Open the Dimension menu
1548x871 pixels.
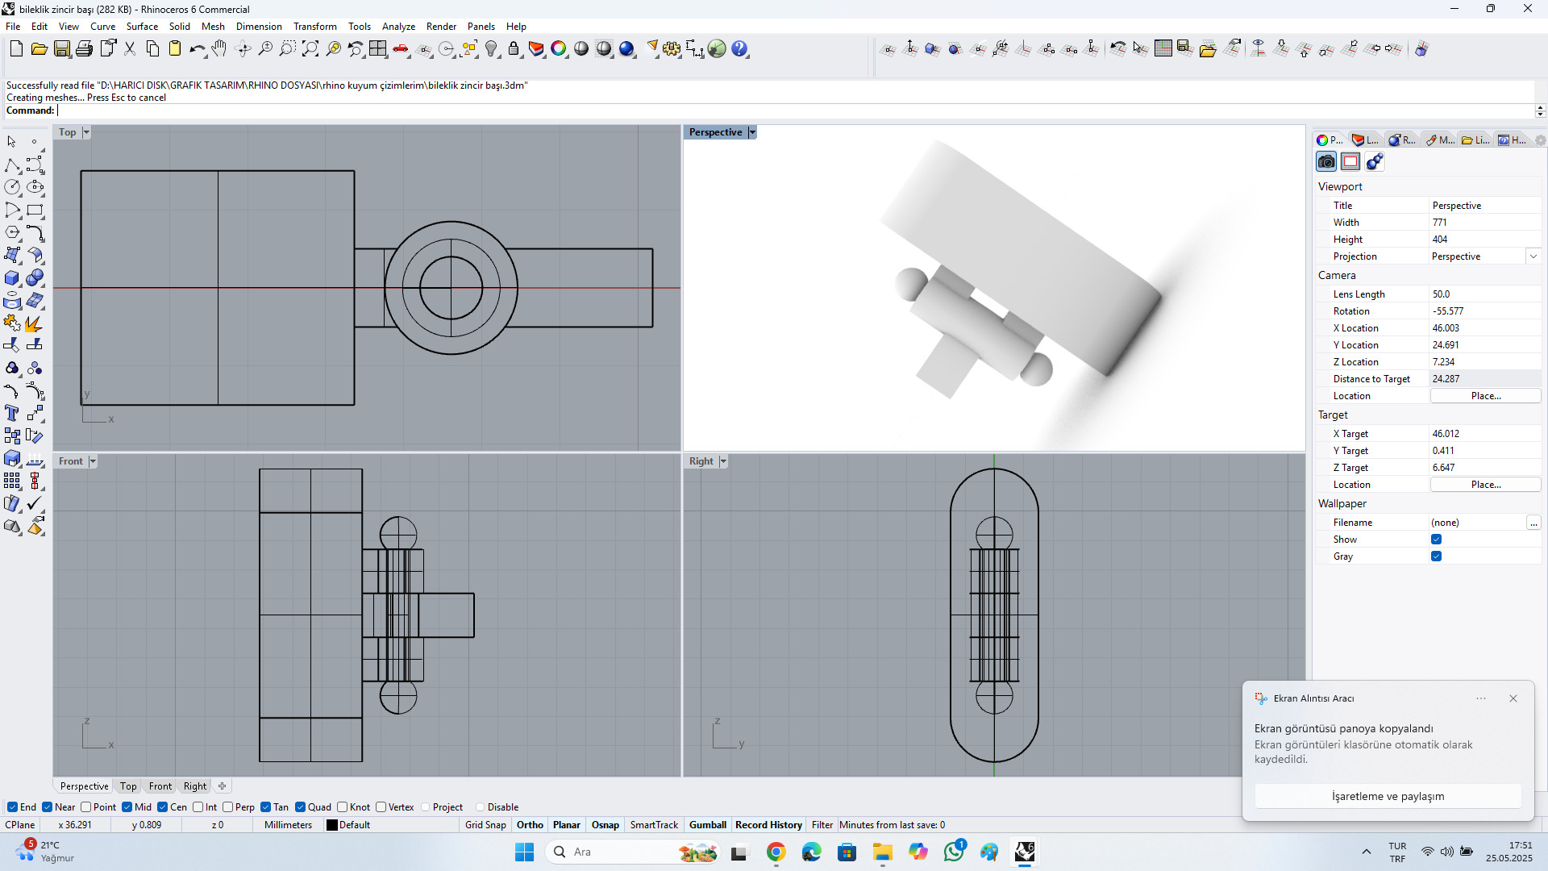point(258,27)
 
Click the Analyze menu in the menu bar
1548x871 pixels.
point(398,27)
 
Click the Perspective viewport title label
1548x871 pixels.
point(715,132)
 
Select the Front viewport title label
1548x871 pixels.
point(70,461)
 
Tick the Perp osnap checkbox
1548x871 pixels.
point(228,807)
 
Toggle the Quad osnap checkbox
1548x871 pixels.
point(301,807)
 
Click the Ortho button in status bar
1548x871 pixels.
point(530,825)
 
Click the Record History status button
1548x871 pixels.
point(768,825)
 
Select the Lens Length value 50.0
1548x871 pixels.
point(1442,294)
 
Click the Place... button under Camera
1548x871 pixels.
point(1485,396)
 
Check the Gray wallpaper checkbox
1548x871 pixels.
point(1436,556)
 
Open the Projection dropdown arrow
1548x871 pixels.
point(1533,256)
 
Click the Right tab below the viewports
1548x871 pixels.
point(194,786)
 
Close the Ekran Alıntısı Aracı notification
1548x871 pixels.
point(1513,698)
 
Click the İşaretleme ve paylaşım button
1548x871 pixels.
point(1388,796)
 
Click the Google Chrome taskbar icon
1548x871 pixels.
point(776,852)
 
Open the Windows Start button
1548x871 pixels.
point(524,852)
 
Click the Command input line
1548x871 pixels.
point(726,111)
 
